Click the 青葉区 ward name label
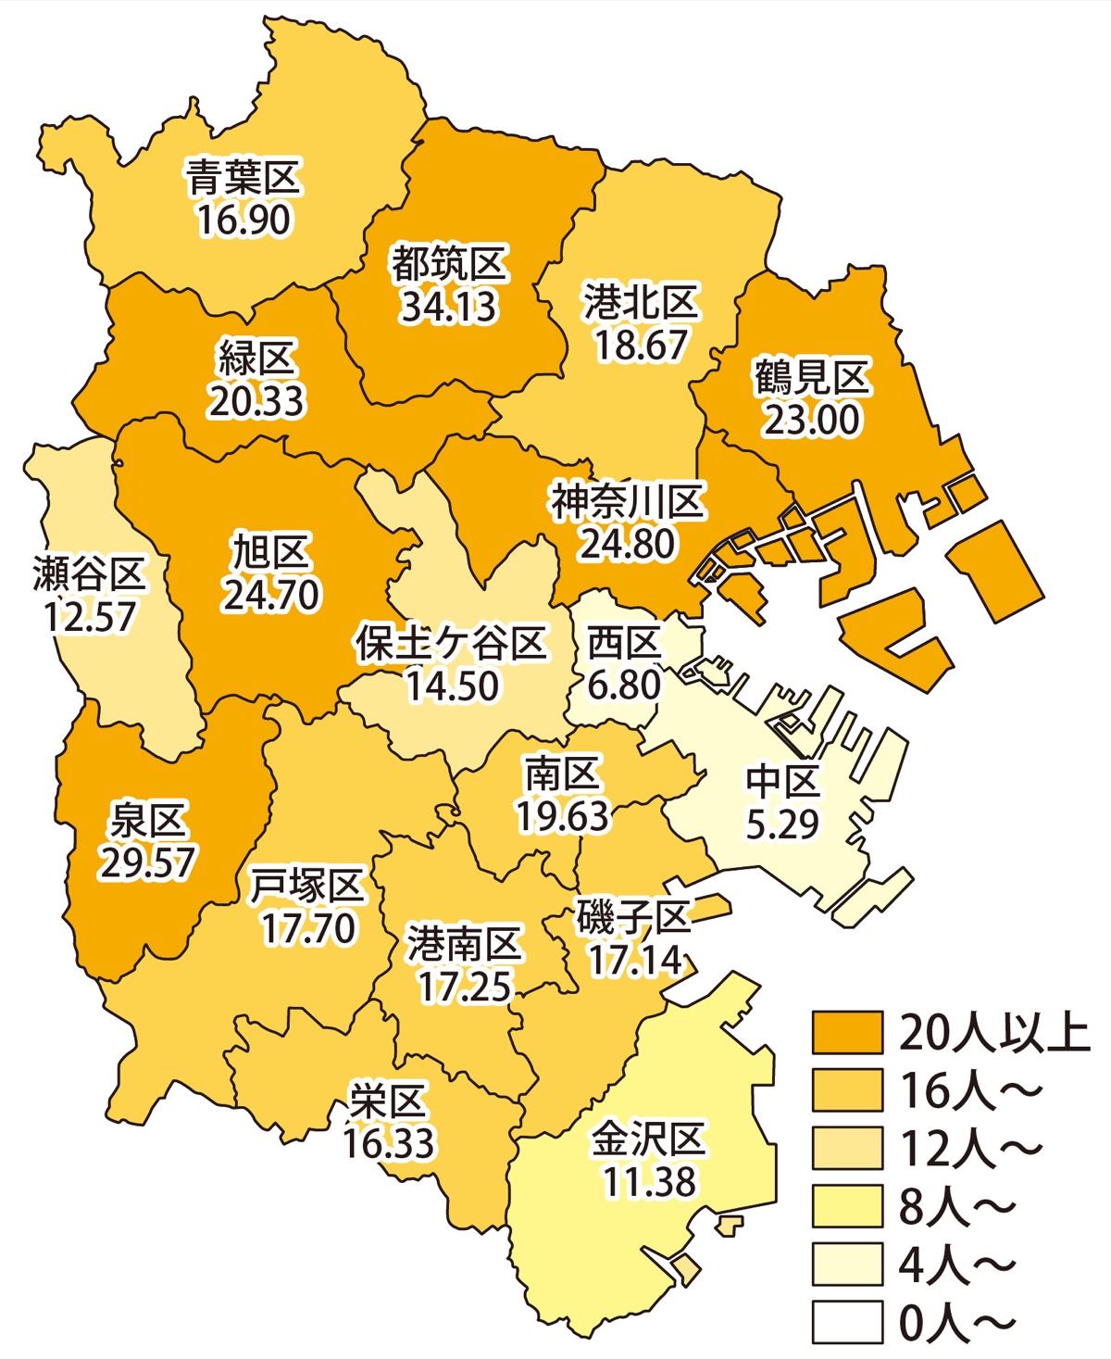point(243,178)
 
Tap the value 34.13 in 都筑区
point(449,308)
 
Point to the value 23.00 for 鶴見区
point(811,420)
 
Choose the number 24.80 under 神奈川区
point(628,544)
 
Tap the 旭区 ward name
point(270,553)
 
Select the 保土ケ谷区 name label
point(451,643)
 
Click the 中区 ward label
point(783,782)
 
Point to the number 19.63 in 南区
point(563,816)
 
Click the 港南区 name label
point(465,945)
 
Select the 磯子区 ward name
point(634,918)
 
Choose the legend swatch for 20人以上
point(847,1032)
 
